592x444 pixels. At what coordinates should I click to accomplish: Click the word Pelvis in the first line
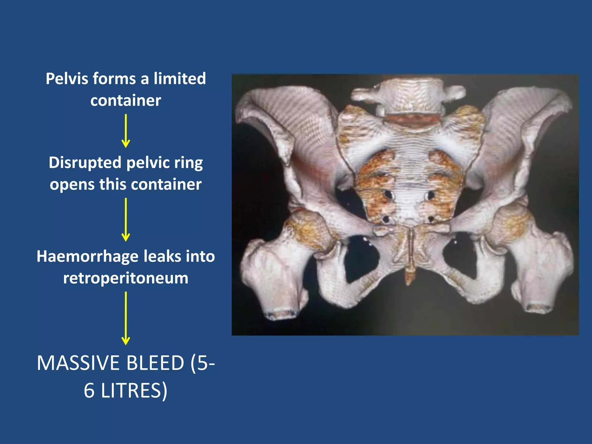[67, 79]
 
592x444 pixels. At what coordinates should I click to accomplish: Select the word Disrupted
[85, 162]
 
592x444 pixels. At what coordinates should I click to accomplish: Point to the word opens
[72, 184]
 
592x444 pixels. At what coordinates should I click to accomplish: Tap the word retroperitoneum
[126, 278]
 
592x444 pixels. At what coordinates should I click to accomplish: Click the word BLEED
[155, 363]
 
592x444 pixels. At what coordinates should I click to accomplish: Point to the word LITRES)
[134, 391]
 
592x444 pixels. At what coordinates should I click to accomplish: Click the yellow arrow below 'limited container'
[126, 131]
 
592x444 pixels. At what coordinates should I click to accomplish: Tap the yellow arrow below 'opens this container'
[126, 220]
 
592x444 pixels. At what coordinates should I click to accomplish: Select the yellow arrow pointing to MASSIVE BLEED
[126, 318]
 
